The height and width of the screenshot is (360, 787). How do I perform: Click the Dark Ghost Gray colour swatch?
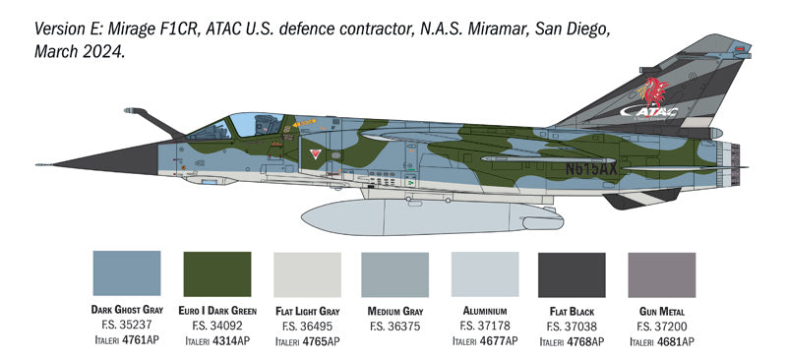[x=126, y=273]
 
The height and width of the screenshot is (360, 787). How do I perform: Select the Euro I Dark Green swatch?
[x=217, y=273]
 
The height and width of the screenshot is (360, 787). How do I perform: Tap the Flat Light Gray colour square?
[x=306, y=273]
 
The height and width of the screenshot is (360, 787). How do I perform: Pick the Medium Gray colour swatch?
[x=394, y=273]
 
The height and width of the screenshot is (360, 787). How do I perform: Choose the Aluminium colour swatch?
[x=484, y=273]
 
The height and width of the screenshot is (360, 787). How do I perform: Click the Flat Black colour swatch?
[x=573, y=273]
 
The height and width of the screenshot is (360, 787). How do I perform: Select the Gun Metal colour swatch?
[x=661, y=273]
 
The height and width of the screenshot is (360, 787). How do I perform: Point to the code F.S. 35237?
[x=126, y=326]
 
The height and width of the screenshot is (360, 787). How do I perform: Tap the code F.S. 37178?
[x=484, y=326]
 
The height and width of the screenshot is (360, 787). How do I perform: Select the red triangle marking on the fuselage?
[x=314, y=154]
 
